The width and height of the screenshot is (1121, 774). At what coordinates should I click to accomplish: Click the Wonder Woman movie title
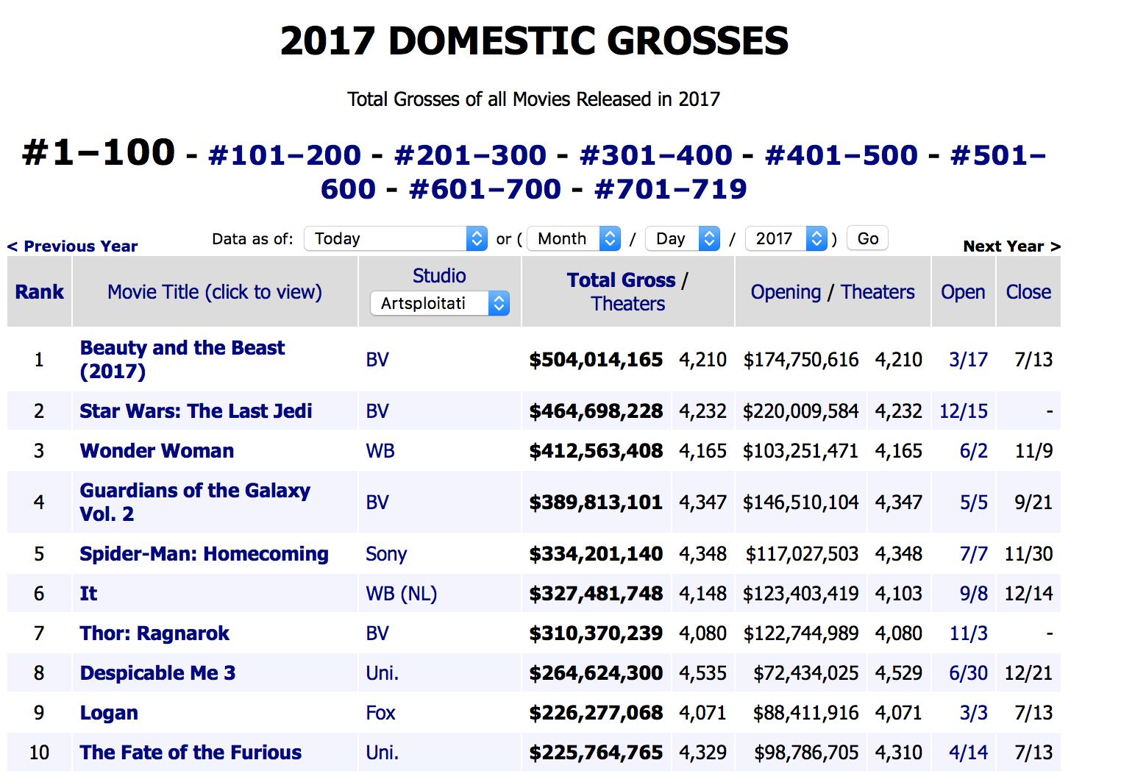[x=157, y=450]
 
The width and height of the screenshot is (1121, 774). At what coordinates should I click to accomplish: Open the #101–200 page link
[x=285, y=155]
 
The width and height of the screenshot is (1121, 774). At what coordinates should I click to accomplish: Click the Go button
[x=867, y=238]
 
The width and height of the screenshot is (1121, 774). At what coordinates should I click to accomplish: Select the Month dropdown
[x=574, y=238]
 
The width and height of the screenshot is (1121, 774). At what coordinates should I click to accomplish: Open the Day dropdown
[x=682, y=238]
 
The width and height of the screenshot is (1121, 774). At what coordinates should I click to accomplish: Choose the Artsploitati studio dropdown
[x=439, y=303]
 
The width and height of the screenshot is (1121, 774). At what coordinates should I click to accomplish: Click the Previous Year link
[x=73, y=246]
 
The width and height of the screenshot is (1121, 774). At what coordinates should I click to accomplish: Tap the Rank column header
[x=40, y=292]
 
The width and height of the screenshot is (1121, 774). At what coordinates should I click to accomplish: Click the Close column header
[x=1028, y=292]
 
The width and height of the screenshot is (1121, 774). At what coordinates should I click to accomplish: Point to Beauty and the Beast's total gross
[x=596, y=360]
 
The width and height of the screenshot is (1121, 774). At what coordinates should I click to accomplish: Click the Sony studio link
[x=386, y=554]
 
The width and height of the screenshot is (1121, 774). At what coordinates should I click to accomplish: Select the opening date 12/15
[x=963, y=411]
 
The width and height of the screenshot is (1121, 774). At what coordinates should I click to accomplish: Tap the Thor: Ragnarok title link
[x=154, y=633]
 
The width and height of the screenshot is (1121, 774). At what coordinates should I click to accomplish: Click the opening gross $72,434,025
[x=805, y=673]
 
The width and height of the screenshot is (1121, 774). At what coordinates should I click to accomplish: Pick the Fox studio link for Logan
[x=380, y=713]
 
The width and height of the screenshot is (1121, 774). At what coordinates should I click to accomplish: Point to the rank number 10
[x=39, y=753]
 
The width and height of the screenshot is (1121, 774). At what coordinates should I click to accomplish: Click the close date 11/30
[x=1028, y=554]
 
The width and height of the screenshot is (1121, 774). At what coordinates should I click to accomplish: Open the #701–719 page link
[x=670, y=189]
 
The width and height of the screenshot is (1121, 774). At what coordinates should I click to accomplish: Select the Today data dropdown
[x=395, y=238]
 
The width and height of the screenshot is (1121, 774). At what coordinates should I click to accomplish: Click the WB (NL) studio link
[x=401, y=594]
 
